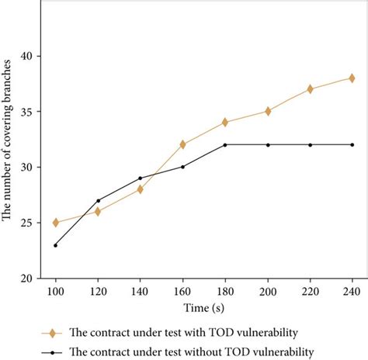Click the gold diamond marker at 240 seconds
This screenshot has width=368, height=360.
352,78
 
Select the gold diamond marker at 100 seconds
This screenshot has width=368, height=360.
55,223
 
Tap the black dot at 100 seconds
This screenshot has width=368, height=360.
55,245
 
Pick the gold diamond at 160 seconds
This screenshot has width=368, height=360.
182,144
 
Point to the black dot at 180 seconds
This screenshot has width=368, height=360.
225,144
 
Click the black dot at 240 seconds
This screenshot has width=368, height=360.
352,144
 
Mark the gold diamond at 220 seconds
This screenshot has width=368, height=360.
310,89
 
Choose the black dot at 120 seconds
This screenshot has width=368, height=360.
98,200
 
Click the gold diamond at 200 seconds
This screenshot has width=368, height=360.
268,111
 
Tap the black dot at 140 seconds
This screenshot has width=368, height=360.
140,178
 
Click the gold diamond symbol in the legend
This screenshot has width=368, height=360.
52,333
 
